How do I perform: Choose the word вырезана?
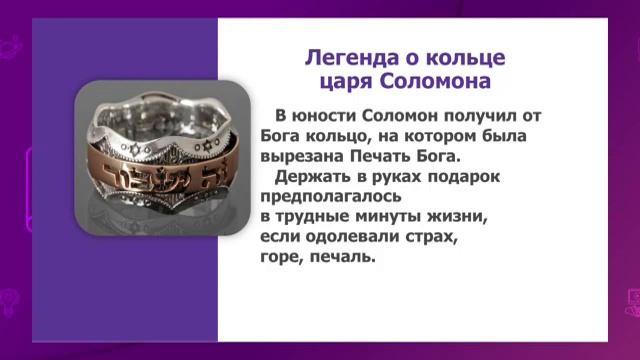click(x=301, y=157)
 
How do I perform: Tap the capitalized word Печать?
click(x=383, y=157)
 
